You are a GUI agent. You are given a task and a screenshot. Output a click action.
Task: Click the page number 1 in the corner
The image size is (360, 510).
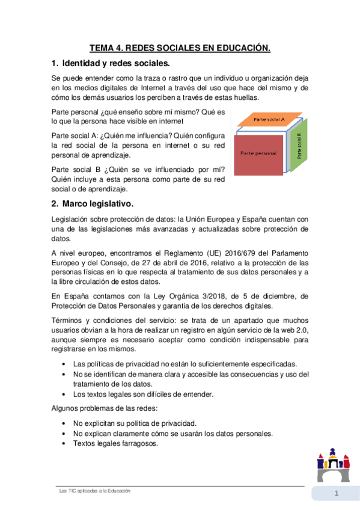(x=337, y=494)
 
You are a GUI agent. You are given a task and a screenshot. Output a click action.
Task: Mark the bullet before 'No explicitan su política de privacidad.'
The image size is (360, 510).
(x=64, y=423)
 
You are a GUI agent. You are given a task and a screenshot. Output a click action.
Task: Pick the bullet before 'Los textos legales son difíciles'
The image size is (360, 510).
(x=64, y=395)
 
